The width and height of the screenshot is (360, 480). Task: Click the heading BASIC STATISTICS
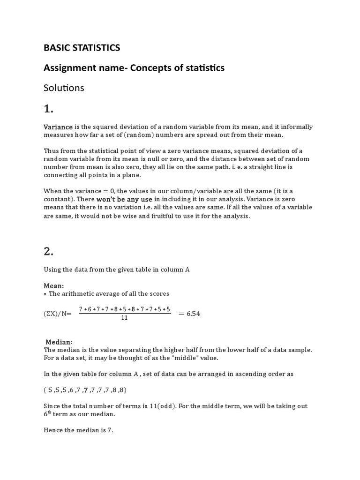pyautogui.click(x=82, y=48)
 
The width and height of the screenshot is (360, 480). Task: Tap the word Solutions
pyautogui.click(x=64, y=88)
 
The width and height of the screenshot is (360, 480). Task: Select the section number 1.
pyautogui.click(x=49, y=109)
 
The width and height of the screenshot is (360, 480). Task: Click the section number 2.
pyautogui.click(x=49, y=251)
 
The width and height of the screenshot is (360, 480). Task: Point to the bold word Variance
pyautogui.click(x=58, y=127)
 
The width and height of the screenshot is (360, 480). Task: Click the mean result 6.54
pyautogui.click(x=193, y=314)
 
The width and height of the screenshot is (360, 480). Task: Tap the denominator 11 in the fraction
pyautogui.click(x=124, y=318)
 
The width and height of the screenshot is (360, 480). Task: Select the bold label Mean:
pyautogui.click(x=54, y=285)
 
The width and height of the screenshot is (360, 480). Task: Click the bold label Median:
pyautogui.click(x=59, y=342)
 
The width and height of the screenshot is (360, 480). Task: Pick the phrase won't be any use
pyautogui.click(x=124, y=199)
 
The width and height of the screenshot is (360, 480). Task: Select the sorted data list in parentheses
pyautogui.click(x=85, y=390)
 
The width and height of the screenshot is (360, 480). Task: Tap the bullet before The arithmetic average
pyautogui.click(x=45, y=294)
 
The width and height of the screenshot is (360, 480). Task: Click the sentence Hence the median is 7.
pyautogui.click(x=78, y=430)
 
